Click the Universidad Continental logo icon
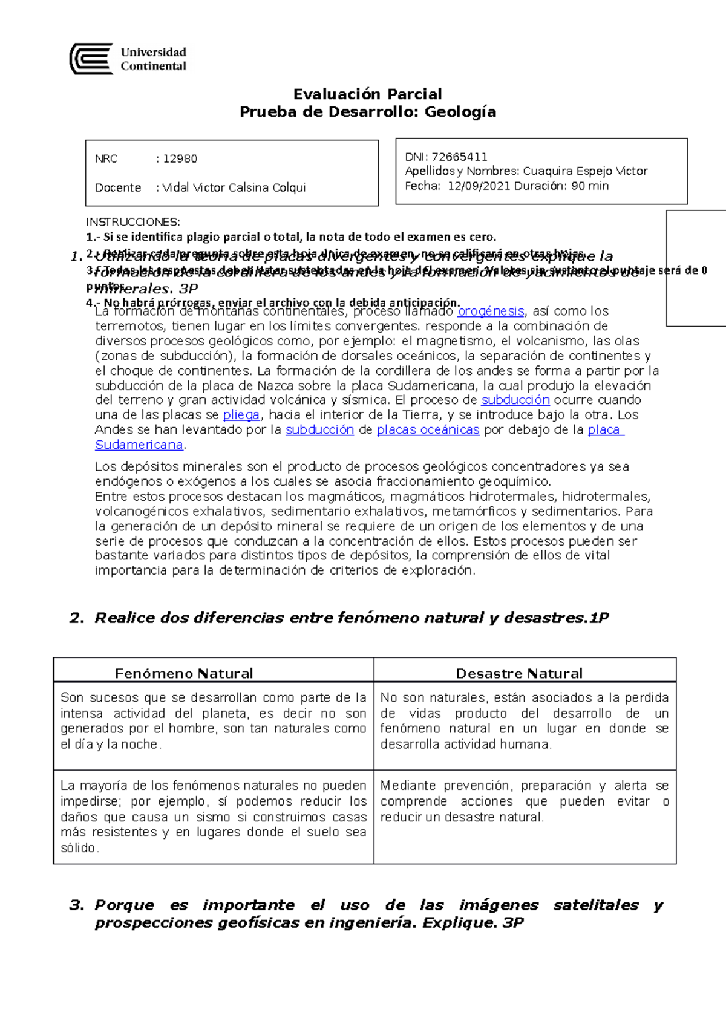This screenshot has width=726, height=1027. (91, 59)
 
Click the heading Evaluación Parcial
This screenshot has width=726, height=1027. (367, 94)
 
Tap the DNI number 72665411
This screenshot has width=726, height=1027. (459, 157)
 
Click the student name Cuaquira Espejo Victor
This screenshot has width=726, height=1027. (585, 171)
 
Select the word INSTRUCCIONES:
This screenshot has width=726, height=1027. (132, 222)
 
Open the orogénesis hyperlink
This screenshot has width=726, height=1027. (491, 311)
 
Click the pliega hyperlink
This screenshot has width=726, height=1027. (241, 415)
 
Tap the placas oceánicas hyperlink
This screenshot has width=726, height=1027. (428, 430)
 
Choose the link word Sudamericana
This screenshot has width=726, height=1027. (139, 445)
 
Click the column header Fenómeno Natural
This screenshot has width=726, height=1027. (184, 673)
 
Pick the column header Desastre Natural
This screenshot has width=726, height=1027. (519, 673)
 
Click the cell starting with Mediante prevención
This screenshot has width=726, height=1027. (524, 801)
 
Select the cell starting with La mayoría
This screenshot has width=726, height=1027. (213, 816)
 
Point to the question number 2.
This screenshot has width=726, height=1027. (76, 618)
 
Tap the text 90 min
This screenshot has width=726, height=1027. (590, 186)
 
